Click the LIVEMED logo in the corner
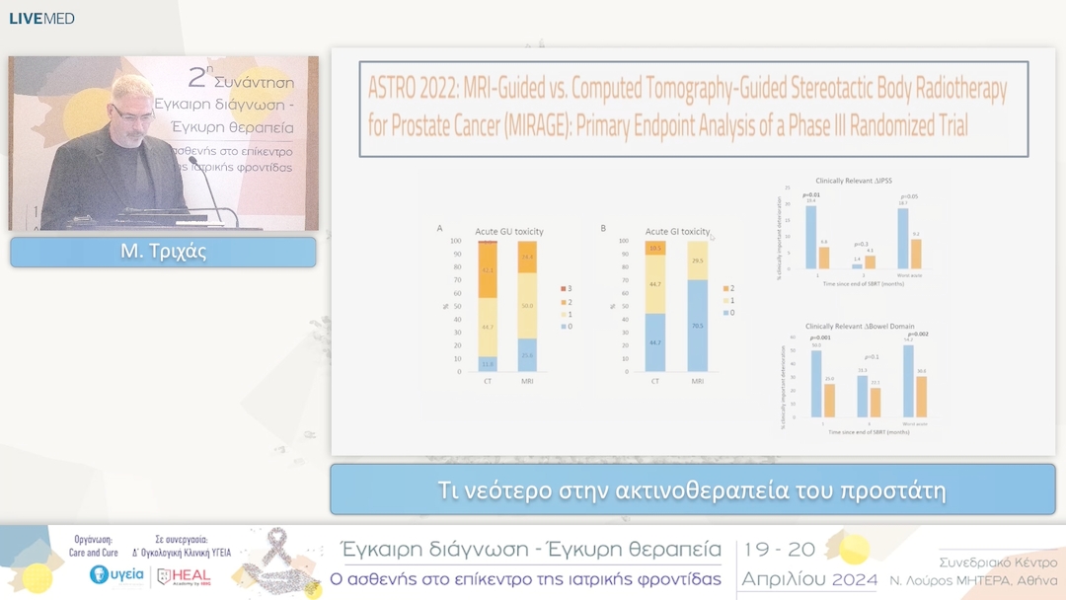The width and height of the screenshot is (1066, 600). point(41,18)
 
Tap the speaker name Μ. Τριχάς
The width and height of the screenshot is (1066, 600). point(163,252)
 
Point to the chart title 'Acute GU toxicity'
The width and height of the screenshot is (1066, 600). point(509,230)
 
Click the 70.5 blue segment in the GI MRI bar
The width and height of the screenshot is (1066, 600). point(698,326)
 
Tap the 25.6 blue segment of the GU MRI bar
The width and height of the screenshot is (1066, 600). point(528,355)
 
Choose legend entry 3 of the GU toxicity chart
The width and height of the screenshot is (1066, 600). point(563,288)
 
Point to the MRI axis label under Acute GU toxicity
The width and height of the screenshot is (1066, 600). point(528,381)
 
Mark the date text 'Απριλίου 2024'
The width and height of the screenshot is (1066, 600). point(809,579)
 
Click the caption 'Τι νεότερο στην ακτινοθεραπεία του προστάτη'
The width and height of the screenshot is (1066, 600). point(692,490)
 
